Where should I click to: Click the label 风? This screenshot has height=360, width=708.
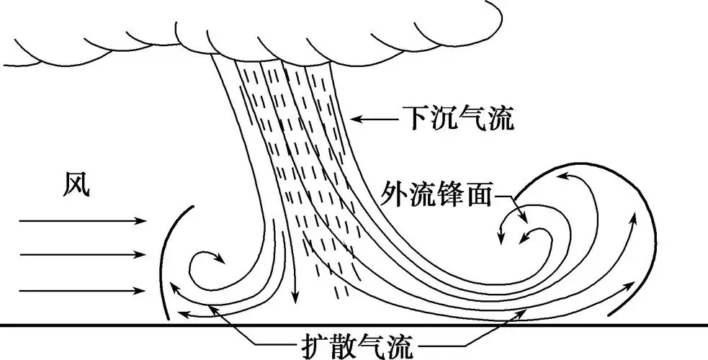pyautogui.click(x=76, y=186)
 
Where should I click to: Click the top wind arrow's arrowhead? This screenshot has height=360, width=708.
pyautogui.click(x=141, y=220)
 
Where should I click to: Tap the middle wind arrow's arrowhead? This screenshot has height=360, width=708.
pyautogui.click(x=141, y=254)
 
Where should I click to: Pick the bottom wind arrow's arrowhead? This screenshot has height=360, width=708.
pyautogui.click(x=141, y=291)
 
